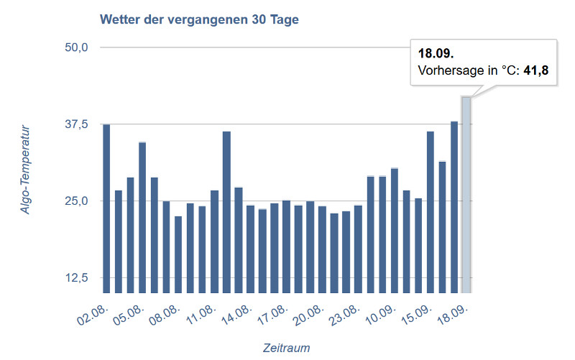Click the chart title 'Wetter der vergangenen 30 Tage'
(199, 19)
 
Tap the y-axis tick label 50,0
(75, 47)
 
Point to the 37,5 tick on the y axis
(75, 124)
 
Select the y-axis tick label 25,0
(75, 200)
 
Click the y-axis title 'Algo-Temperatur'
(27, 170)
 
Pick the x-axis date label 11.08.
(203, 314)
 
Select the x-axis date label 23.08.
(346, 314)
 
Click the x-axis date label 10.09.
(382, 314)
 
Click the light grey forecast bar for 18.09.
(466, 194)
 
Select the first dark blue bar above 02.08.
(106, 208)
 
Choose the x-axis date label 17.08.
(275, 314)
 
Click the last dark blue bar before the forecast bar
(454, 207)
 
